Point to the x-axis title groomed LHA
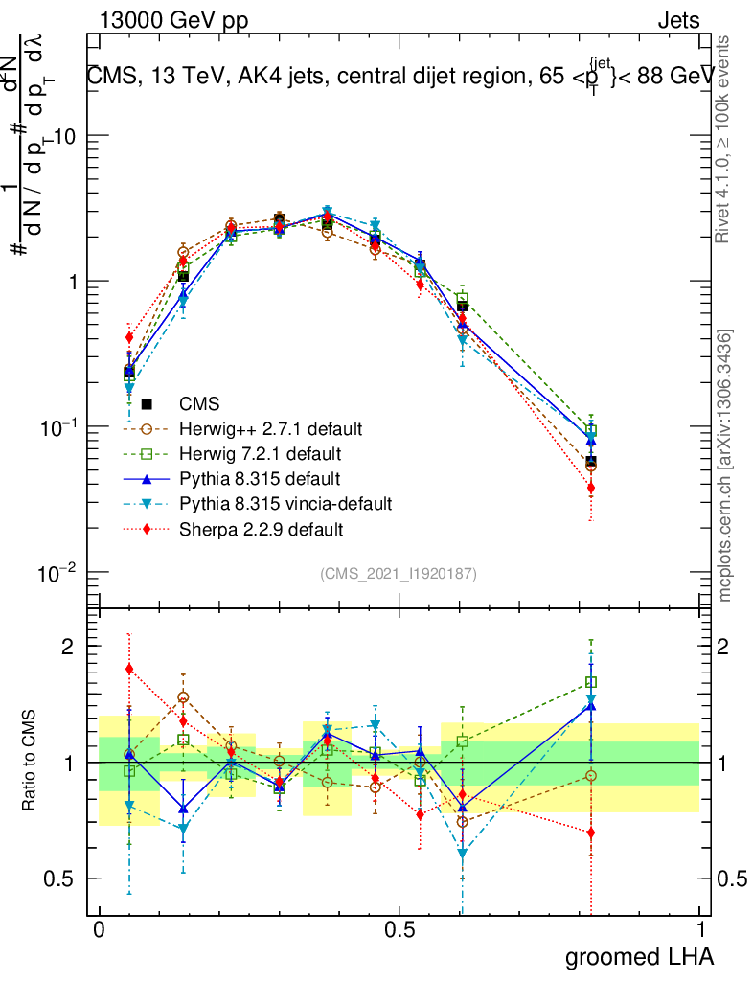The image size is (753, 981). (x=640, y=956)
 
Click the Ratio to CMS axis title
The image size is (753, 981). (x=30, y=762)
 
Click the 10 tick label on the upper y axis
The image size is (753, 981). (x=62, y=137)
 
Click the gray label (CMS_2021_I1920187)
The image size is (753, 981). (x=399, y=573)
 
